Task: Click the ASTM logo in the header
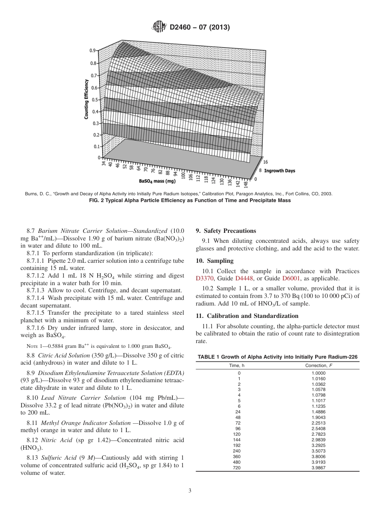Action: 160,28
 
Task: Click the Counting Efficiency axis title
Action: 86,99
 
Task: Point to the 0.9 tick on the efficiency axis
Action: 92,51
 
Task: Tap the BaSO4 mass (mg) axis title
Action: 157,181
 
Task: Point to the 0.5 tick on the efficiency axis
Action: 95,100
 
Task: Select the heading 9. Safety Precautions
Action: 226,231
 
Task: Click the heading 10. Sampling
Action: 214,261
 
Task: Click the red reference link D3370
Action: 205,278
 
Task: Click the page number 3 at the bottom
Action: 190,490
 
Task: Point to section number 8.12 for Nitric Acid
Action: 33,440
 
